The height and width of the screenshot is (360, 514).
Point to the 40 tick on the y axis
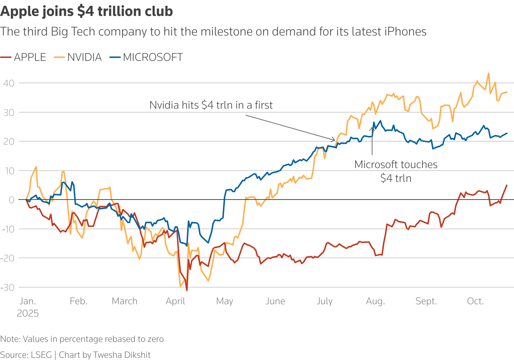(9, 83)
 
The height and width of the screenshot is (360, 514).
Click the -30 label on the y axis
(8, 288)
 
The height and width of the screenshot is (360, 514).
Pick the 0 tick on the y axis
(12, 200)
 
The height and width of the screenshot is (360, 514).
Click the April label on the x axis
(175, 301)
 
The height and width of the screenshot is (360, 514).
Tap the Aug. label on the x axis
(375, 301)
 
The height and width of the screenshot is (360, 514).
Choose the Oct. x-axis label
(475, 301)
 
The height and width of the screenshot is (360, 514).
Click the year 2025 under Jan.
(28, 314)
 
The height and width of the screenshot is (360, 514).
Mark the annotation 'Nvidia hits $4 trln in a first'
(211, 105)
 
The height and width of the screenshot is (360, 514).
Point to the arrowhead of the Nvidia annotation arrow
(335, 140)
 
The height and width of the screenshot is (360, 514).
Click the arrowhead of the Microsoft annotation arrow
(372, 127)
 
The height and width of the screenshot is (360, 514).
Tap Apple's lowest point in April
(187, 290)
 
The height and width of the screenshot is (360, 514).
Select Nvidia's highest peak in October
(489, 73)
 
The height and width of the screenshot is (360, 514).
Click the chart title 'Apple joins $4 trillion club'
(87, 11)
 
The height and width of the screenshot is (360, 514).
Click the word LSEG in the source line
(41, 355)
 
